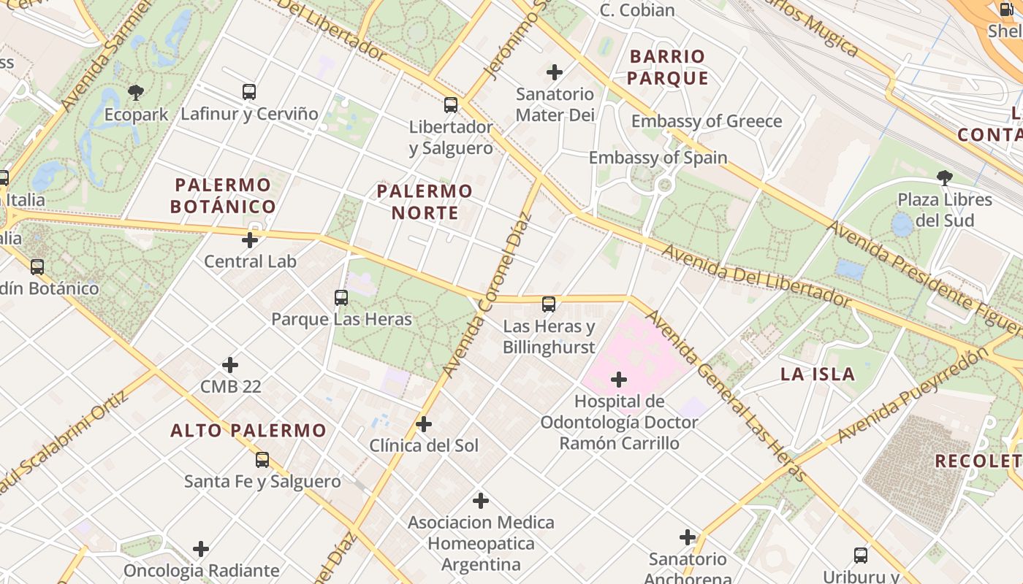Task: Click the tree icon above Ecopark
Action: (135, 92)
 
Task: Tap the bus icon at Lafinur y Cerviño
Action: (249, 92)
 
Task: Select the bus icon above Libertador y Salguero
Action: (451, 105)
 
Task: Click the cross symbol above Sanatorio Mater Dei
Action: (555, 72)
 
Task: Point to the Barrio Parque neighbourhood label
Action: (668, 67)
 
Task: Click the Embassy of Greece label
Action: (707, 121)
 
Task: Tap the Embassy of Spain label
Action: (658, 158)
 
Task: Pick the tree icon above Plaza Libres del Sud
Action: (945, 177)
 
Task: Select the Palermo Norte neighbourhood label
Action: (425, 202)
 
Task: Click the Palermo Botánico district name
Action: (223, 196)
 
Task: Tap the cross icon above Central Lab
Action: (250, 239)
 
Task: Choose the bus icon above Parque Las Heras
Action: (341, 298)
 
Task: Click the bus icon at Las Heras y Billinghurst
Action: (549, 304)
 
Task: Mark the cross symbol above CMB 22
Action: (230, 365)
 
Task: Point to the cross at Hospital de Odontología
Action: (619, 380)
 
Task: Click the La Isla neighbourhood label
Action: (818, 374)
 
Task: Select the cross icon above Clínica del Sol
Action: (424, 424)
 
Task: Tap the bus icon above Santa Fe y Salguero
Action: (262, 461)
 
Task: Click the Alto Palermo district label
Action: (248, 431)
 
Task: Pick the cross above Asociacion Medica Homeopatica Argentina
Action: (481, 501)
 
